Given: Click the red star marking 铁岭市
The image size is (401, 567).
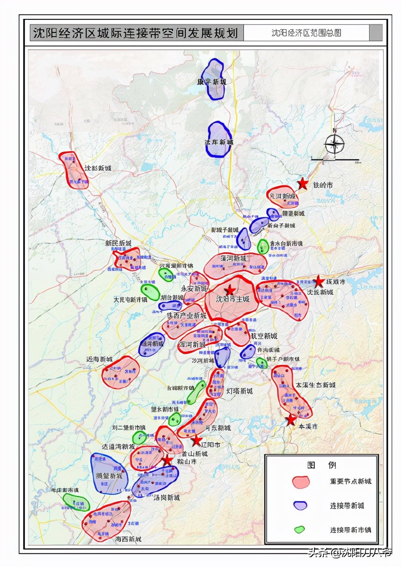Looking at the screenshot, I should click(x=302, y=184).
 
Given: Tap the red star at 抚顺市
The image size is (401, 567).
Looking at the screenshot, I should click(x=319, y=281).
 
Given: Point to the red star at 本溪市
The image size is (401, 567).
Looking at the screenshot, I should click(x=291, y=420).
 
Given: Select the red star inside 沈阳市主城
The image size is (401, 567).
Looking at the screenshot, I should click(x=230, y=290).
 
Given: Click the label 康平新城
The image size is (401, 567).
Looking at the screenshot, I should click(x=212, y=82).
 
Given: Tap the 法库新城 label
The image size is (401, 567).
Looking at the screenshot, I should click(x=219, y=142).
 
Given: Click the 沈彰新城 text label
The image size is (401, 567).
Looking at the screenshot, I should click(x=98, y=168).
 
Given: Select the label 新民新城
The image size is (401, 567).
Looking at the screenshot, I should click(x=118, y=243).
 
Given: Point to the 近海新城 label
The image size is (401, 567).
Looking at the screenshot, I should click(x=99, y=359).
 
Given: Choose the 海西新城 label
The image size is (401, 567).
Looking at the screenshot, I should click(x=128, y=539).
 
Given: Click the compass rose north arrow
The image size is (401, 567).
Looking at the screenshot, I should click(x=334, y=144).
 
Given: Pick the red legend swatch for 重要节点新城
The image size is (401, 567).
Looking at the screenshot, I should click(x=301, y=482).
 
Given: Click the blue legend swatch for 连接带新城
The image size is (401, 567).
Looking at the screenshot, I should click(x=301, y=505).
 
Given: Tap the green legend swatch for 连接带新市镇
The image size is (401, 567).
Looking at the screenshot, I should click(x=300, y=529).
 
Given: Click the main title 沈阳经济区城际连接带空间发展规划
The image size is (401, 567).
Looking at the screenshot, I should click(x=136, y=33).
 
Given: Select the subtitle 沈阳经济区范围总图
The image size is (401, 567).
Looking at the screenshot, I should click(x=306, y=33).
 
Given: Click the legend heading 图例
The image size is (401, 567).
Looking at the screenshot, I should click(x=321, y=465).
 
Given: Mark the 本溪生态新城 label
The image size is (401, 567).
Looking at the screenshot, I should click(x=316, y=385).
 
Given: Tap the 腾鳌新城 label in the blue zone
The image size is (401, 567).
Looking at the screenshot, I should click(x=109, y=476).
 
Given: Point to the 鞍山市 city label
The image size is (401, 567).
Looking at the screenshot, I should click(x=187, y=461).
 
